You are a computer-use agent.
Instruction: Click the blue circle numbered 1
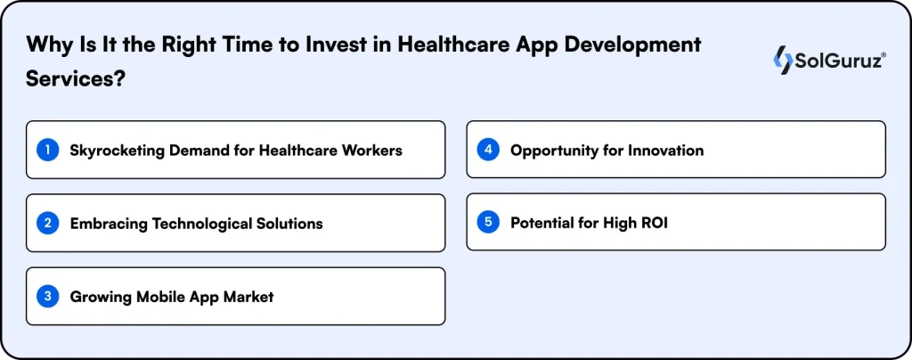pos(47,151)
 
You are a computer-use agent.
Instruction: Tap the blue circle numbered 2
pos(47,223)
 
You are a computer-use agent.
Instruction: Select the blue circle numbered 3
pos(47,296)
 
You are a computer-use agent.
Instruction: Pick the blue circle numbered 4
pos(487,150)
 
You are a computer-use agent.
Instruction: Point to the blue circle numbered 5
pos(487,222)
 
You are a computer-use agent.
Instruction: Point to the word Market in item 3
pos(248,297)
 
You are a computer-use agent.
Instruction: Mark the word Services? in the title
pos(75,78)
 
